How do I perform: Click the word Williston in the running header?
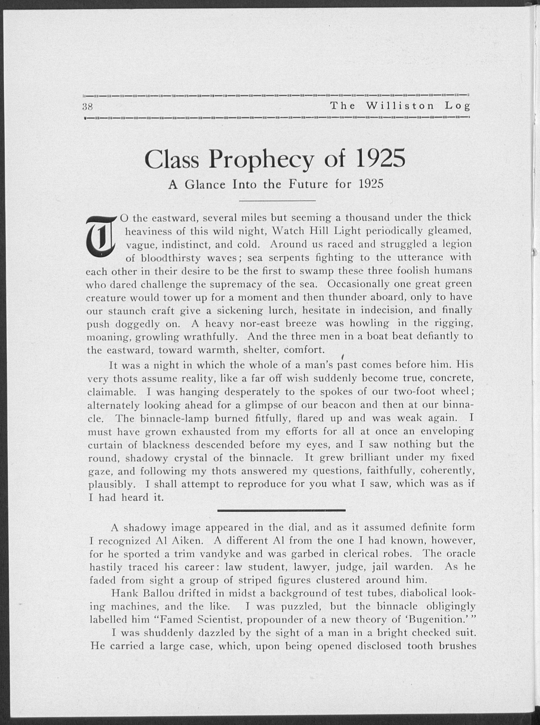401,106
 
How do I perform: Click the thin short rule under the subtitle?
277,200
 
